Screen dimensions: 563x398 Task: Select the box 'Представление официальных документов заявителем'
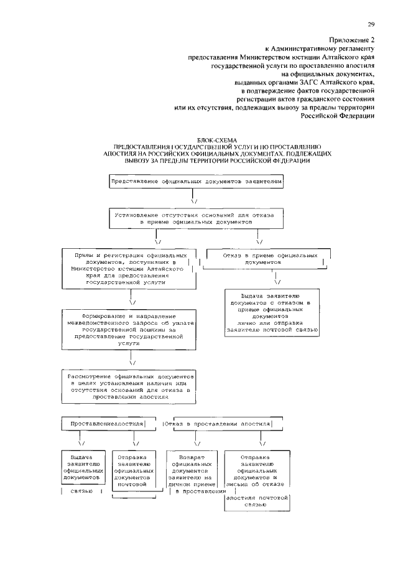tap(197, 182)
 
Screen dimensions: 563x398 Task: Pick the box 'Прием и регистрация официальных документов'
tap(130, 268)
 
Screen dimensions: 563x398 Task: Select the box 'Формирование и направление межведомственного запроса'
tap(130, 330)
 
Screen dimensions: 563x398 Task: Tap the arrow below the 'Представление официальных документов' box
tap(194, 198)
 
